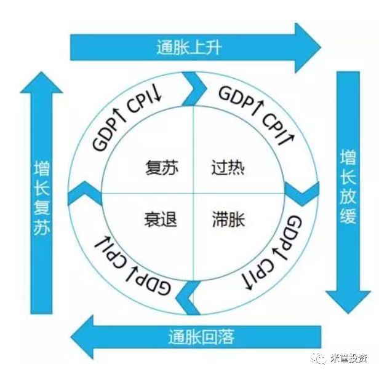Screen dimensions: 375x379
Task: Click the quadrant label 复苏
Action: pos(162,167)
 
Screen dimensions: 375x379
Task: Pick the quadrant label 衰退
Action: pos(161,219)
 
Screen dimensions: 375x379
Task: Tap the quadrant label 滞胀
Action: pos(228,219)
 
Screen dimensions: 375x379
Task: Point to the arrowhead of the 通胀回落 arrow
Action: pos(84,337)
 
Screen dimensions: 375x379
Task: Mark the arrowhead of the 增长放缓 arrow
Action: pos(348,298)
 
